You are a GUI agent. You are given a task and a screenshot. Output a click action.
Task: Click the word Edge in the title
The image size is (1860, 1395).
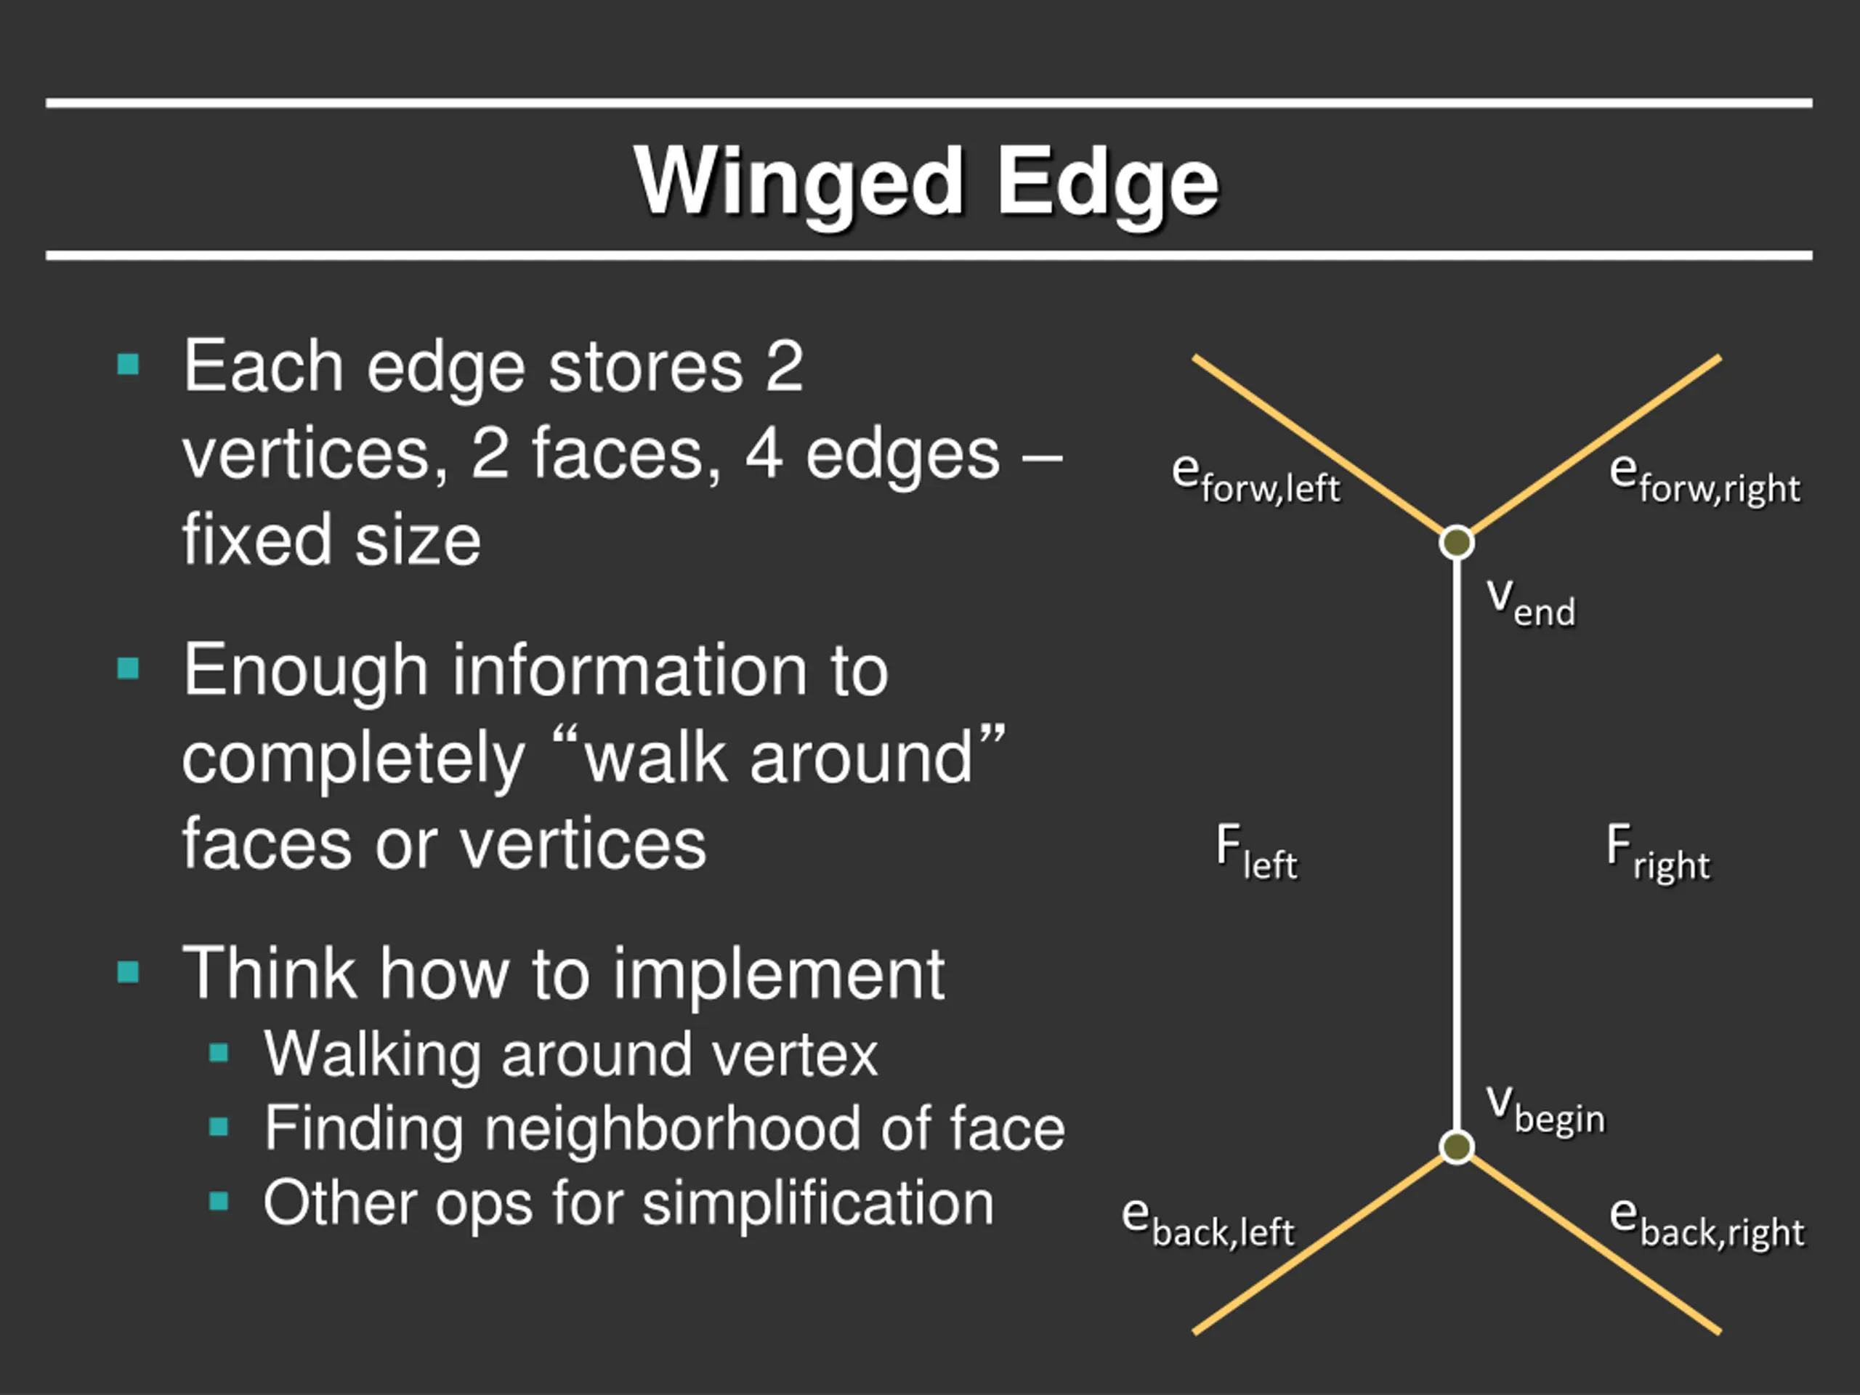(x=1107, y=183)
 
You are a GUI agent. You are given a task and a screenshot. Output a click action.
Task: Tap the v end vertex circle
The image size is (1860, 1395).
(x=1456, y=542)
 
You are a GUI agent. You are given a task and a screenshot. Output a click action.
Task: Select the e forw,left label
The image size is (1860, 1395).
(x=1255, y=480)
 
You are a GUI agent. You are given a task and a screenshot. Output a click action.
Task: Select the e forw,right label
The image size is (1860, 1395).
(x=1705, y=480)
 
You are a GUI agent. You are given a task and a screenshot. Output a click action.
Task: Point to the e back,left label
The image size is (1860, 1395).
(x=1208, y=1224)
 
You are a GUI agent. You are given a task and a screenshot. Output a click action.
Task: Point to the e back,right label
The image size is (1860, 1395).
(x=1706, y=1224)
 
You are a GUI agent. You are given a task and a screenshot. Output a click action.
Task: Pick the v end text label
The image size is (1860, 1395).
(x=1530, y=601)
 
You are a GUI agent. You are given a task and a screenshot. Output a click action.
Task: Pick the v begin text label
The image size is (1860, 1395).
(x=1545, y=1110)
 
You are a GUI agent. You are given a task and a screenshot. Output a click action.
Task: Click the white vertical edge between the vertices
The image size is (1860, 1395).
(x=1456, y=841)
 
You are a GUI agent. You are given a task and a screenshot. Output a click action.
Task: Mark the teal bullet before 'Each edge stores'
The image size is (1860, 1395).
(x=128, y=365)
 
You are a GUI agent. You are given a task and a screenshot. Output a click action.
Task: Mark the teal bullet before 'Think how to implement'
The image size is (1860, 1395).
(x=128, y=972)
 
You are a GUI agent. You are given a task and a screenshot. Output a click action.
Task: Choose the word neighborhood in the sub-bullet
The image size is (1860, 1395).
(x=672, y=1128)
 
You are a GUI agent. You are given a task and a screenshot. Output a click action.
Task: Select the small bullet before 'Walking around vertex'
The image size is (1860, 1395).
(x=219, y=1053)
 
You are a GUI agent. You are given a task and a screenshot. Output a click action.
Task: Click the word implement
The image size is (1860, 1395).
(x=778, y=974)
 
